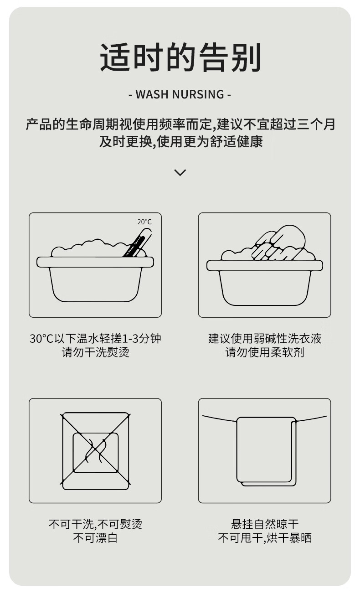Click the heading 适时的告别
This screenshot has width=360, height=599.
click(x=180, y=58)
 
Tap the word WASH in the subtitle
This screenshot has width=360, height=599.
click(x=152, y=94)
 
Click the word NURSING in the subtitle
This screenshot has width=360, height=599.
click(x=198, y=94)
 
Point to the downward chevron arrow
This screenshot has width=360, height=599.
click(x=180, y=172)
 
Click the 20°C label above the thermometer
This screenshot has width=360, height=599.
click(x=144, y=222)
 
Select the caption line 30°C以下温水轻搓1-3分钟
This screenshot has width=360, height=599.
click(x=95, y=339)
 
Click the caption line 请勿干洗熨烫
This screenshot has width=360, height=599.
click(x=95, y=352)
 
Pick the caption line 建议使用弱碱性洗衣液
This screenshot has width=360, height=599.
click(x=265, y=339)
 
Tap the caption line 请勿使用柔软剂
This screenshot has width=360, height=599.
click(x=265, y=352)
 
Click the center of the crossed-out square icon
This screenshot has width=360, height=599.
click(x=95, y=451)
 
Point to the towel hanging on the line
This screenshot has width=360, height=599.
click(x=267, y=451)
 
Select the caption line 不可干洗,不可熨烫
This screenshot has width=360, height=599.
click(x=95, y=524)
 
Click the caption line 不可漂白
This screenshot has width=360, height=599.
click(x=95, y=538)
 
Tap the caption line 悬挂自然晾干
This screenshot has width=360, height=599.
click(x=265, y=524)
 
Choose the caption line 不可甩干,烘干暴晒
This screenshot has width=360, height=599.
click(x=265, y=538)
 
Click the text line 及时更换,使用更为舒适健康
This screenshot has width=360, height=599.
click(x=181, y=141)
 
